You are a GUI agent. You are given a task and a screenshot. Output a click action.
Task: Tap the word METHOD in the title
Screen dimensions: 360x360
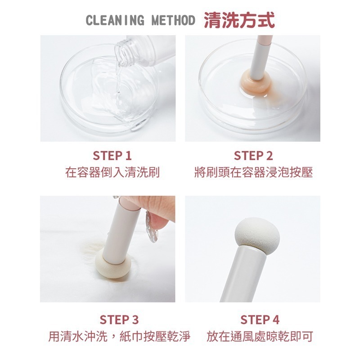(173, 21)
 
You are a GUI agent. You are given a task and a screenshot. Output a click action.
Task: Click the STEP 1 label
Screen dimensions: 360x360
(112, 156)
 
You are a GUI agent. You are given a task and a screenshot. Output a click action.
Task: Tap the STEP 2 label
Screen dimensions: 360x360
(253, 156)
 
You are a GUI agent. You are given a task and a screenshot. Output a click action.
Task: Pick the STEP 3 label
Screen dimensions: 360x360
(119, 319)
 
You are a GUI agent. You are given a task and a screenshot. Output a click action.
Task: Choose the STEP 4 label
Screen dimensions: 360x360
(260, 319)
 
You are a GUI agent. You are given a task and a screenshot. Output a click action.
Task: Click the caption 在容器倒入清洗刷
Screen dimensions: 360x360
(112, 172)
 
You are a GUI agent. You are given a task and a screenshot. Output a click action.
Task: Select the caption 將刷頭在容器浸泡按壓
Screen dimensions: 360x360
(253, 172)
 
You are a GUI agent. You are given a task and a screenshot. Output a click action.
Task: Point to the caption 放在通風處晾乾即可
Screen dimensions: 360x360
(260, 336)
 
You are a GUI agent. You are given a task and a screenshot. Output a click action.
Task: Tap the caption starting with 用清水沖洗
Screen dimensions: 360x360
(119, 336)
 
